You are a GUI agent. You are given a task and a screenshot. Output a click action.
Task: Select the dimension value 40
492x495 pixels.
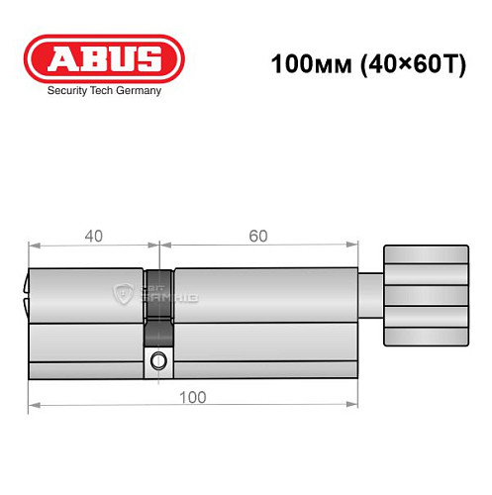coord(93,236)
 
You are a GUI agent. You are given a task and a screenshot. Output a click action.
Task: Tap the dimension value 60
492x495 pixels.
coord(257,236)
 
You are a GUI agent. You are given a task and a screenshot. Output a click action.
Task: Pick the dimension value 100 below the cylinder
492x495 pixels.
coord(195,396)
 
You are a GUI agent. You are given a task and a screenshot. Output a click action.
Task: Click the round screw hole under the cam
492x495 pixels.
coord(158,363)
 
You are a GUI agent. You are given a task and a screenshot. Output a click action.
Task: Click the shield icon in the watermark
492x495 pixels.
coord(125,293)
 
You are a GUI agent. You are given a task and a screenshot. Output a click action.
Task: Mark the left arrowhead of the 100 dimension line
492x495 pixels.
coord(33,404)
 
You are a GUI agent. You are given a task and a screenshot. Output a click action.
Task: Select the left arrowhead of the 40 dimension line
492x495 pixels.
coord(33,245)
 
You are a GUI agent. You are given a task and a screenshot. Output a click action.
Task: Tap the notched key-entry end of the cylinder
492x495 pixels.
coord(25,292)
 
